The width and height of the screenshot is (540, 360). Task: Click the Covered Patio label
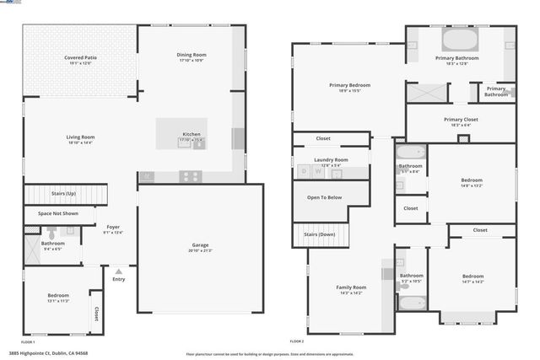coord(80,57)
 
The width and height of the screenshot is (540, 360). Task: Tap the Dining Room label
coord(192,55)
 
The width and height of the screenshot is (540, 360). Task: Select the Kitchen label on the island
coord(192,134)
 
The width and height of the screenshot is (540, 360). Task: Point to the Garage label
coord(200,246)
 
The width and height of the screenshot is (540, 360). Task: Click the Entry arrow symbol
coord(119,271)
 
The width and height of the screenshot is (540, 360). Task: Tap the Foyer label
coord(112,228)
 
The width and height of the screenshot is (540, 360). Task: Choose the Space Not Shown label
coord(57,213)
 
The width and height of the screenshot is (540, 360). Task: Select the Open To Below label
coord(324,197)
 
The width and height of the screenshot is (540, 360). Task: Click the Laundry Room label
coord(331,159)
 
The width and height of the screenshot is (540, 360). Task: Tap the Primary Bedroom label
coord(349,84)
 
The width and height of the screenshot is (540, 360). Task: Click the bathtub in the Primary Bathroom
coord(460,40)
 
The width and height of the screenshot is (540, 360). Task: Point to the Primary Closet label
coord(461,120)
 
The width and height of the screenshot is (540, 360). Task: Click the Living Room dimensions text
coord(80,142)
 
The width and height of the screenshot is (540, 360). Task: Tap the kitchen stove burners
coord(190,176)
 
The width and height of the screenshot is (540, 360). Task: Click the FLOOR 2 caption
coord(296,341)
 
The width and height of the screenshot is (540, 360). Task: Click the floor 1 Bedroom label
coord(58,295)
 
